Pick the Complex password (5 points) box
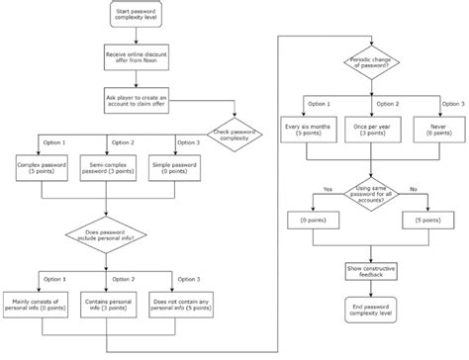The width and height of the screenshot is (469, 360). [x=42, y=167]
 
